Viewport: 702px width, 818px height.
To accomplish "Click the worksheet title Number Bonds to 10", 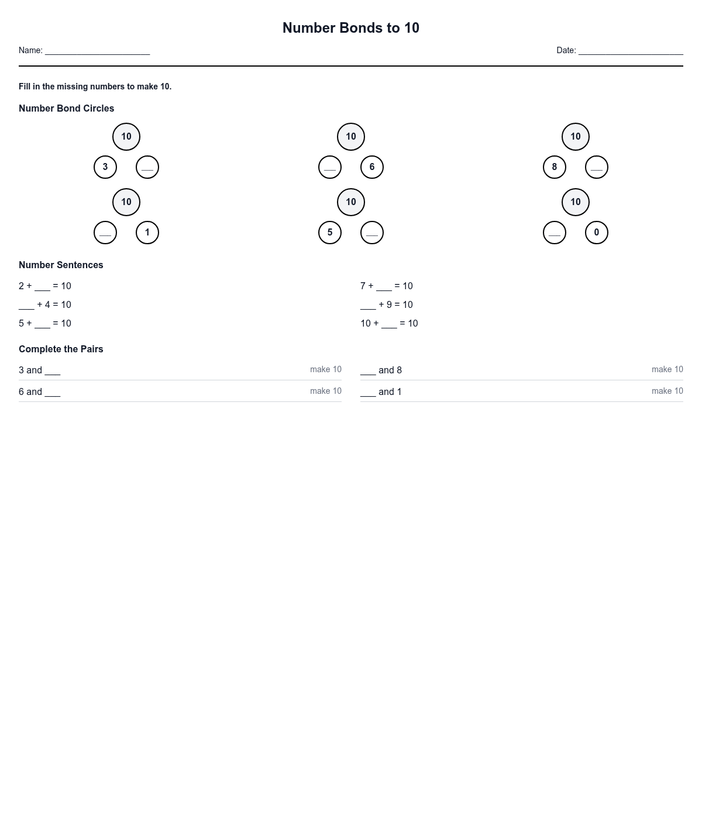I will pos(350,28).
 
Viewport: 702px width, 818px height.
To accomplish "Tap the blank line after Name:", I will pos(97,51).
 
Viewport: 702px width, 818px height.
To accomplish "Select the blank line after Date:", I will pos(631,51).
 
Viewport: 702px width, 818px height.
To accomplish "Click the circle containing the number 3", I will pos(105,167).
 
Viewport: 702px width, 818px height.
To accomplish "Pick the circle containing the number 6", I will pos(372,167).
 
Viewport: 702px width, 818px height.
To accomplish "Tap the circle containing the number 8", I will pos(555,167).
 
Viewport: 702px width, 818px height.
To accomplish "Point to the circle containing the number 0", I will pos(597,233).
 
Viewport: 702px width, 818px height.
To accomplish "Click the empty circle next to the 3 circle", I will pos(147,167).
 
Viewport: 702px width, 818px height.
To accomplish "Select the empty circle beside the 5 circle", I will pos(372,233).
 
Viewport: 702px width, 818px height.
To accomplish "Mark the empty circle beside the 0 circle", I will pos(555,233).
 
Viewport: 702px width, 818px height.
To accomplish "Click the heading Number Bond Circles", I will pos(66,109).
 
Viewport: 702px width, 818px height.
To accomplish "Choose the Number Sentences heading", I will pos(61,265).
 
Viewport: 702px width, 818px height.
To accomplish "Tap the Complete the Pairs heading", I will pos(61,349).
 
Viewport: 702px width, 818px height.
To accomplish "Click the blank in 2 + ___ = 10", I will pos(42,287).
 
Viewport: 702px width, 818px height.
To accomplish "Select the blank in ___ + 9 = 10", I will pos(368,306).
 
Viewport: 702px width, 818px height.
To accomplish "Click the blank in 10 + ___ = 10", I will pos(389,324).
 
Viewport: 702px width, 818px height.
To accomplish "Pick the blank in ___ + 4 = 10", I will pos(26,306).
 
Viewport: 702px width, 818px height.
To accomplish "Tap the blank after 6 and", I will pos(53,393).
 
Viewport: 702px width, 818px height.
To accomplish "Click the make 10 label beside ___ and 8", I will pos(667,369).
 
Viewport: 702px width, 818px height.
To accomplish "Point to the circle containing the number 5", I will pos(330,233).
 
